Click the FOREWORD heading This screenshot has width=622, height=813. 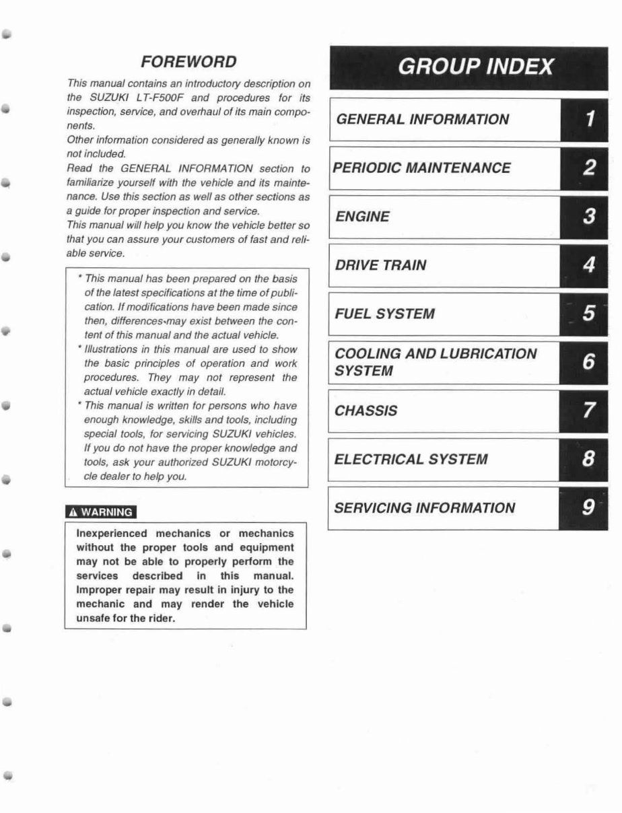tap(188, 62)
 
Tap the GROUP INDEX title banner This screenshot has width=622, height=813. tap(476, 67)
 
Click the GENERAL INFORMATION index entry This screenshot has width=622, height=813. tap(422, 120)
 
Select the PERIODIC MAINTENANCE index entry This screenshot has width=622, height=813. tap(422, 168)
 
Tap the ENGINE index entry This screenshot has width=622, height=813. tap(362, 217)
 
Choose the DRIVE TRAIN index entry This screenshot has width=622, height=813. tap(380, 265)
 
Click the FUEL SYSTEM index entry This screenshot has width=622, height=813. tap(384, 314)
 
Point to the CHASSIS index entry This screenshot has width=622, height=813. tap(366, 411)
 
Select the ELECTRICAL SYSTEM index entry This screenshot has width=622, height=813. tap(411, 460)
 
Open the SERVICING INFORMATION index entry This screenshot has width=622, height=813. tap(424, 508)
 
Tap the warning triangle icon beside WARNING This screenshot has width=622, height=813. tap(73, 511)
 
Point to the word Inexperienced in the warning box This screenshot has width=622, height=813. tap(108, 533)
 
